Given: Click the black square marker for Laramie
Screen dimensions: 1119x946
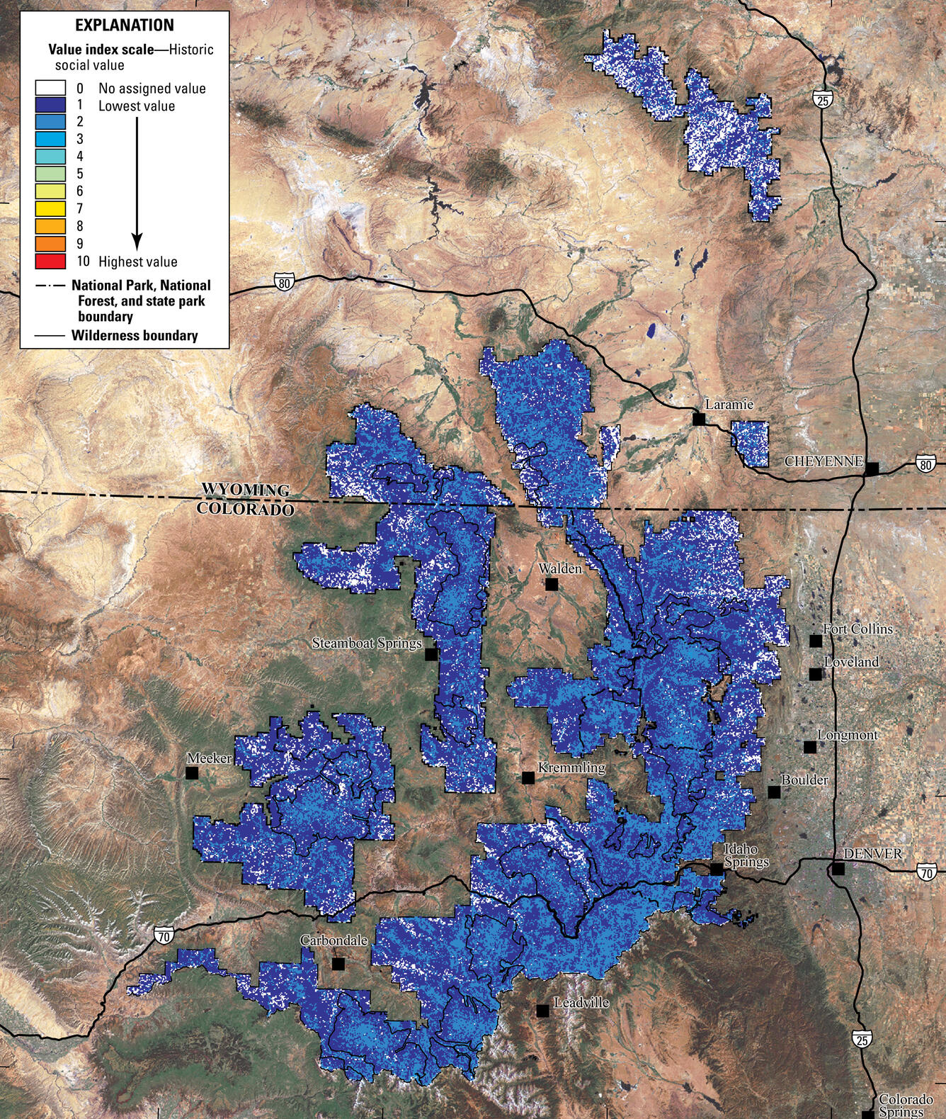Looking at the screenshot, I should (x=699, y=420).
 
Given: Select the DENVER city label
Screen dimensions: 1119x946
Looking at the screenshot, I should (x=874, y=854).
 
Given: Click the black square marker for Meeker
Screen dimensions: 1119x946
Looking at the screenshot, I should (x=191, y=772).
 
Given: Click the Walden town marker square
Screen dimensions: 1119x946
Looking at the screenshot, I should (x=552, y=583).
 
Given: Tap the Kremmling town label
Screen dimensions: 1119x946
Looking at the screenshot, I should (x=571, y=767).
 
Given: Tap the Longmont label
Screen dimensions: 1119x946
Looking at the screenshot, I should (x=848, y=735).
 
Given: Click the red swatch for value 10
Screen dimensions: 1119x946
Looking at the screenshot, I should (x=50, y=261).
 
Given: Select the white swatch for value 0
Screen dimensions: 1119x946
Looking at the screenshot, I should (x=50, y=88).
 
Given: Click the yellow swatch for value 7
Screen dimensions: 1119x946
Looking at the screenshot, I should (x=50, y=209).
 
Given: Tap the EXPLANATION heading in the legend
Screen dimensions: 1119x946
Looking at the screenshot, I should (x=124, y=26).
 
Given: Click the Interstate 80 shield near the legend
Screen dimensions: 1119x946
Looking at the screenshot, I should (x=284, y=281).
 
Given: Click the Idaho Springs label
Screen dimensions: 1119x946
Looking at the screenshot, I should (x=746, y=855).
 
